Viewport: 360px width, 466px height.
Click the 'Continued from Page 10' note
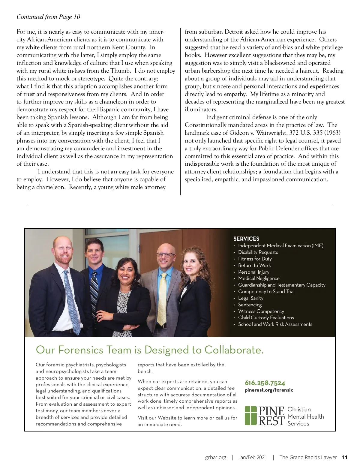tap(48, 17)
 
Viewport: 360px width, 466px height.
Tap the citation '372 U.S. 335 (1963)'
tap(315, 133)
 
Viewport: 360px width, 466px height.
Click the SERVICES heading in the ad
tap(246, 239)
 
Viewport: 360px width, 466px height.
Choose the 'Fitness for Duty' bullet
tap(255, 259)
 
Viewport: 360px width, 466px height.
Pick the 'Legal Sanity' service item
tap(250, 298)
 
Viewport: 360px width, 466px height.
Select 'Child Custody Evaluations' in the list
tap(266, 317)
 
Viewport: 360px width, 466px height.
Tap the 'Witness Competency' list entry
tap(261, 311)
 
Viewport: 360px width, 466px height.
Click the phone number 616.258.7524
tap(265, 383)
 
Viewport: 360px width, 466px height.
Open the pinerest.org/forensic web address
tap(269, 390)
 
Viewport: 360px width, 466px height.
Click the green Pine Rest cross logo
tap(251, 415)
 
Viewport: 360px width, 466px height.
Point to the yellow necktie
tap(163, 297)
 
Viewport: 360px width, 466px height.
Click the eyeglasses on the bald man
tap(165, 255)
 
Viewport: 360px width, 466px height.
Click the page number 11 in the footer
tap(345, 457)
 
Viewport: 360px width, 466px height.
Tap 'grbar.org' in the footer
tap(215, 457)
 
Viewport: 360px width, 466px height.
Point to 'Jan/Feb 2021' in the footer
tap(253, 457)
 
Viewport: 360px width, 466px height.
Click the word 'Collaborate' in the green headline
tap(234, 350)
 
